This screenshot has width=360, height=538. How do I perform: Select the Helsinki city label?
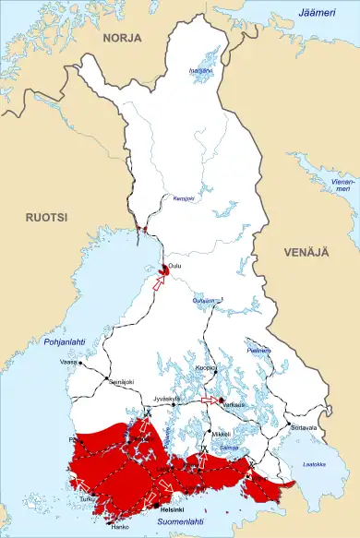click(173, 508)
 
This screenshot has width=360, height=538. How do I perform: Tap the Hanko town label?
click(119, 527)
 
